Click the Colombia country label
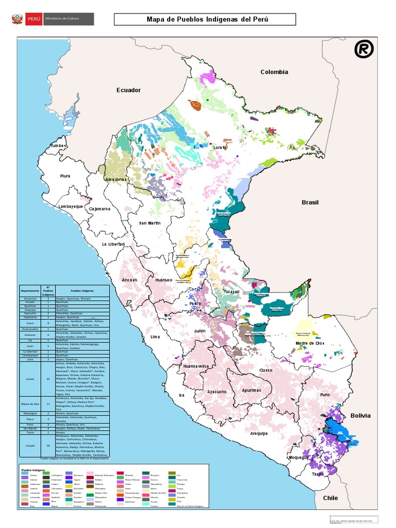274,72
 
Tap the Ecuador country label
128,90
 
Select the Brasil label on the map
310,203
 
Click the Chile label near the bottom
330,498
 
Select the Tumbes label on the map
58,146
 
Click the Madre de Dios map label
310,343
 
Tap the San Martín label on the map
150,223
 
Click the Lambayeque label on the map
70,206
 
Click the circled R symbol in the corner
364,49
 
